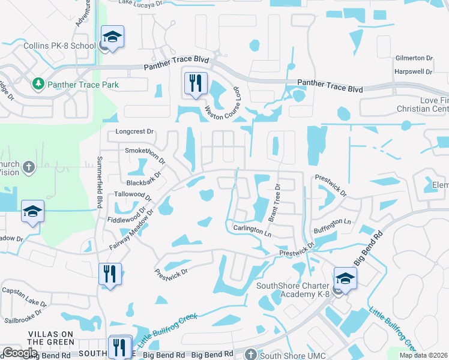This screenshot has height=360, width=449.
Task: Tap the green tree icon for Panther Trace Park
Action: pos(38,83)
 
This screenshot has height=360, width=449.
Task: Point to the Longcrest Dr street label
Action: pos(135,131)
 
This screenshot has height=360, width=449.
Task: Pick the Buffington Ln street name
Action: pos(332,222)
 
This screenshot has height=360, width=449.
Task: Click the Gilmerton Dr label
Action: pos(414,58)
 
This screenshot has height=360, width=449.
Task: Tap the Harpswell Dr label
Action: pos(414,71)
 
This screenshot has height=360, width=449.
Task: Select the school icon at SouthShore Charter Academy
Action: pos(346,278)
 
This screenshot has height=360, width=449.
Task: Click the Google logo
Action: pos(19,353)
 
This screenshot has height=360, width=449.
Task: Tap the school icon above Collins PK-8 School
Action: pos(112,37)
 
